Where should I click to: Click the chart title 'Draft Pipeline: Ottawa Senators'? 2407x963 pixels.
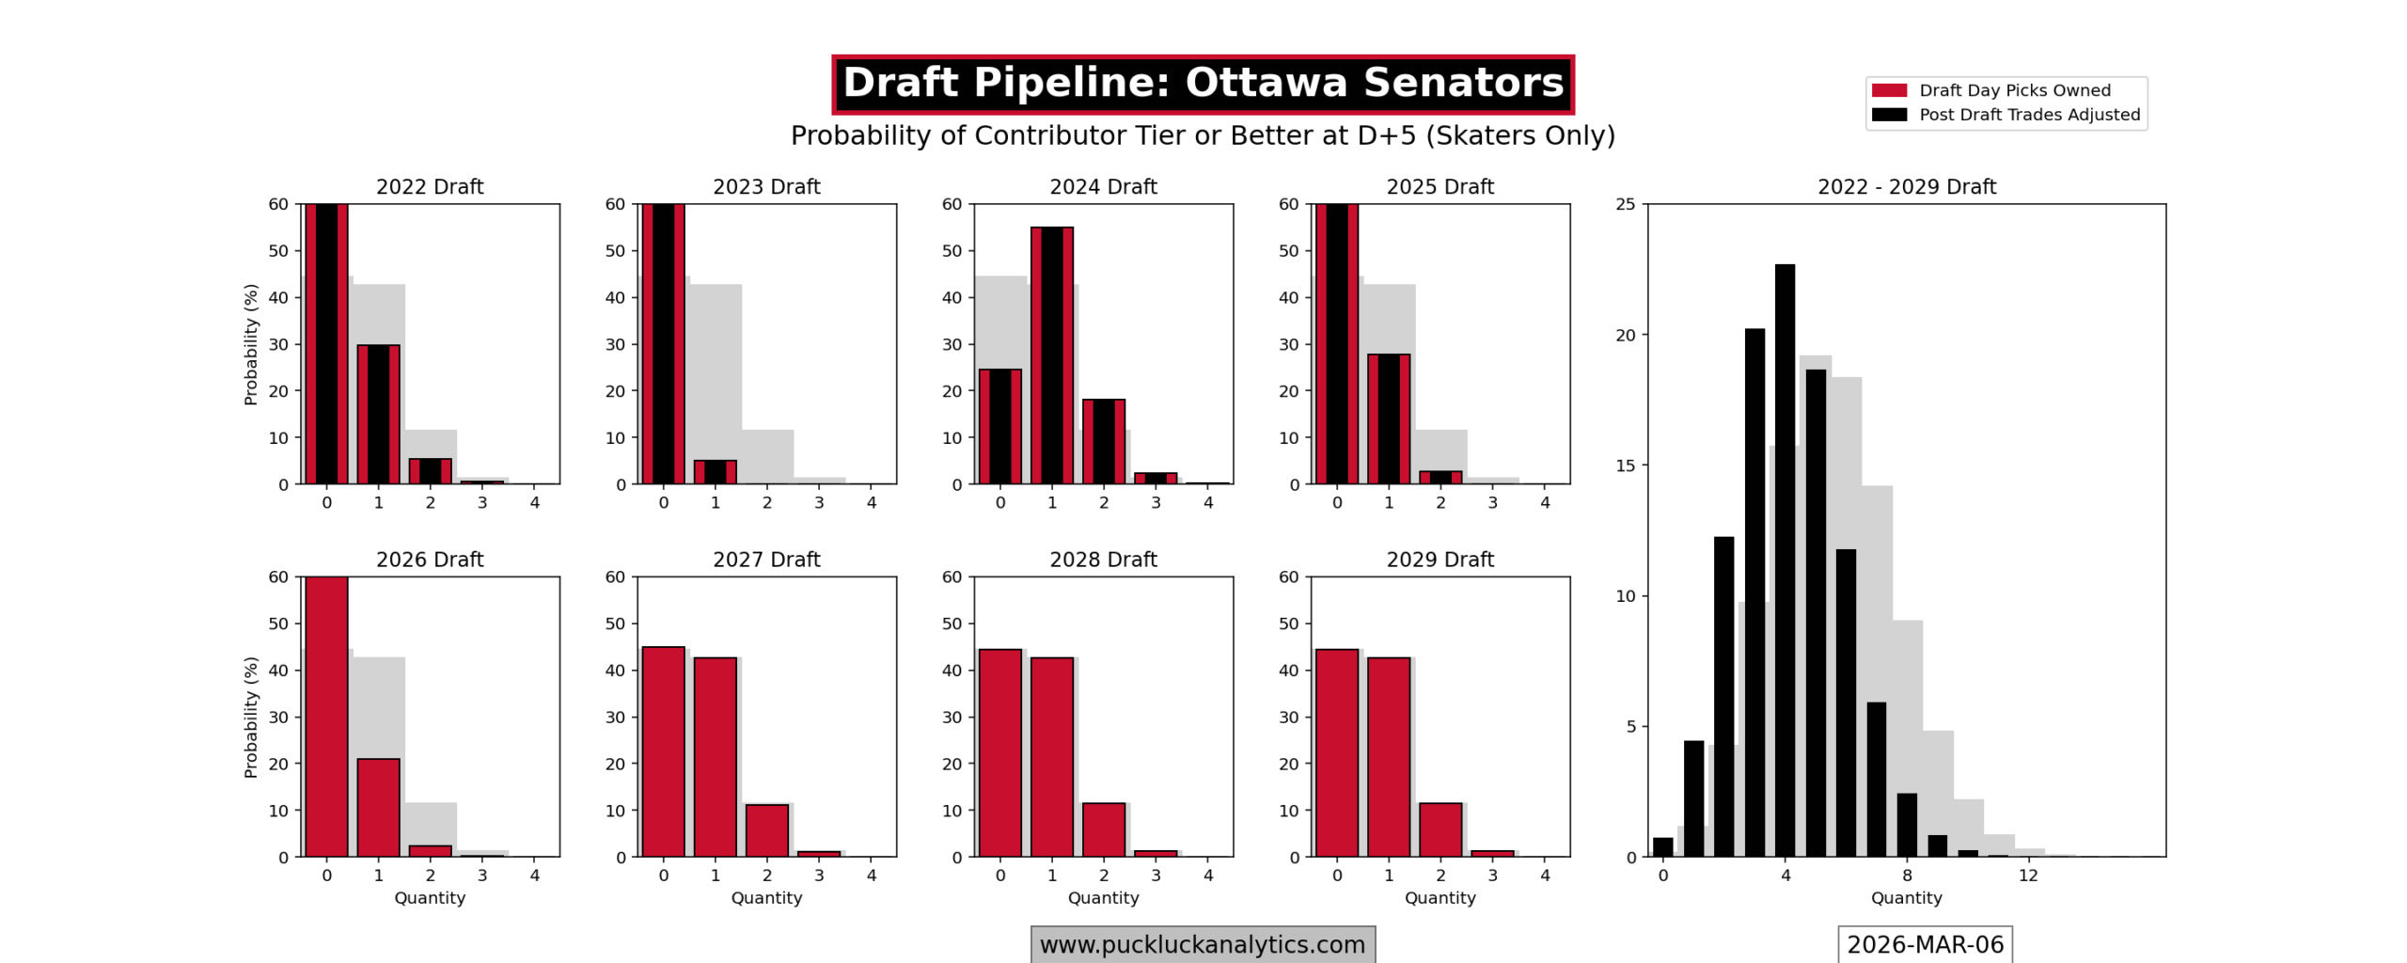[1202, 84]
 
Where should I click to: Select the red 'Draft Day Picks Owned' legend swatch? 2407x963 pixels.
[1888, 90]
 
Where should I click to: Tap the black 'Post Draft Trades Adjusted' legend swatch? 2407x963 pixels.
[1888, 115]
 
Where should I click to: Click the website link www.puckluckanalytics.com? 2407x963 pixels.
[1202, 944]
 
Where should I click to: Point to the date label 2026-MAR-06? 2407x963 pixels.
[1924, 944]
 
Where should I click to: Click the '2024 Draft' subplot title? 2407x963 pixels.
[1103, 186]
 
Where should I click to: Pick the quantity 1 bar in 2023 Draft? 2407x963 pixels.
[715, 472]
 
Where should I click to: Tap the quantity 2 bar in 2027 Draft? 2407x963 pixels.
[766, 830]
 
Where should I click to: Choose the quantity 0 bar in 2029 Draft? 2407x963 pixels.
[1336, 752]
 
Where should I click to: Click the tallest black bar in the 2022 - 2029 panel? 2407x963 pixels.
[1784, 560]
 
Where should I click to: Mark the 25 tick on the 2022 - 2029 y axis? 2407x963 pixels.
[1626, 204]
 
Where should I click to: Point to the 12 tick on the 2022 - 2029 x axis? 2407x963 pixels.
[2028, 876]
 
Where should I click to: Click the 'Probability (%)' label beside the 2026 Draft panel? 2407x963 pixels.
[250, 717]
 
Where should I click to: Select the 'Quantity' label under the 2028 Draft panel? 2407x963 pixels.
[1103, 897]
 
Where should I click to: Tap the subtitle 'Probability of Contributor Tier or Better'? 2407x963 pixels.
[1202, 135]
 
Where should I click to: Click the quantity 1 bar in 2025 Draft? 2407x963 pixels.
[1388, 418]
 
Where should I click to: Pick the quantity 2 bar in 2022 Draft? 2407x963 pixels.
[430, 471]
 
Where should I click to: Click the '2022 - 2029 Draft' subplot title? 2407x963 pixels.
[1906, 186]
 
